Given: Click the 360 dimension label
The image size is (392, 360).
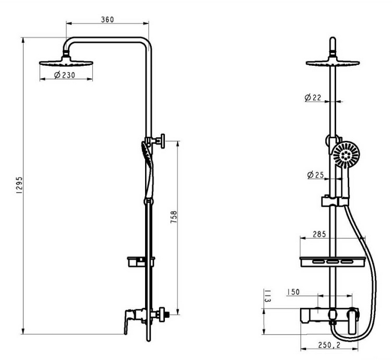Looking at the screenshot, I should [107, 20].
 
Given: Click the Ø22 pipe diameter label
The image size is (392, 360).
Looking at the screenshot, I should [313, 98].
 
